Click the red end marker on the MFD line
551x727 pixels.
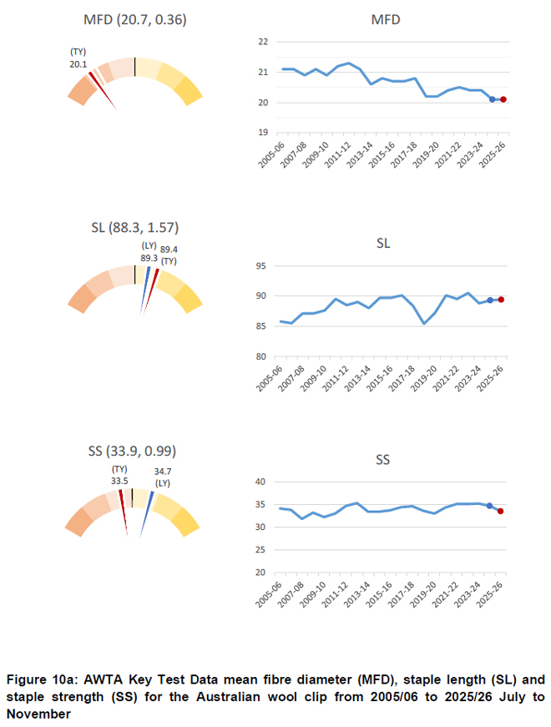[503, 99]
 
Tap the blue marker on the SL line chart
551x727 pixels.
[489, 300]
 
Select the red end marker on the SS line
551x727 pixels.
[500, 511]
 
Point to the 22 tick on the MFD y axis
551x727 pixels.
[262, 41]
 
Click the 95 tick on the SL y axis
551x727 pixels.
[260, 266]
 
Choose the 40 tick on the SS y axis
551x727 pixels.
[260, 482]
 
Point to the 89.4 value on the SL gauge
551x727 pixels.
[169, 250]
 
